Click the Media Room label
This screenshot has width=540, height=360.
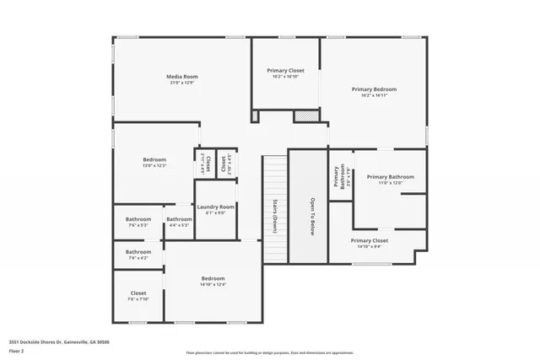[x=181, y=77]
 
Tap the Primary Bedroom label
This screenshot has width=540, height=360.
[x=374, y=89]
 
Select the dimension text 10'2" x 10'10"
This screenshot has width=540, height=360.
[x=285, y=77]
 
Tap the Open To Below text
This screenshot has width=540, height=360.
[x=311, y=218]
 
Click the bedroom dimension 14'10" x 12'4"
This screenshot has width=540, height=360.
[x=213, y=285]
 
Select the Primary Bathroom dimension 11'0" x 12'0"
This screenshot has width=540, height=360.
[x=390, y=183]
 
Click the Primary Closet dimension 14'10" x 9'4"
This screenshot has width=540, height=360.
[x=370, y=246]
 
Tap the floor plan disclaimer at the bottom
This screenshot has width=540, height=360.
[x=270, y=352]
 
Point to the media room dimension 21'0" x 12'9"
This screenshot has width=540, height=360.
[x=181, y=83]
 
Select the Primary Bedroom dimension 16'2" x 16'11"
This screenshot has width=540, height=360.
[x=374, y=95]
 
